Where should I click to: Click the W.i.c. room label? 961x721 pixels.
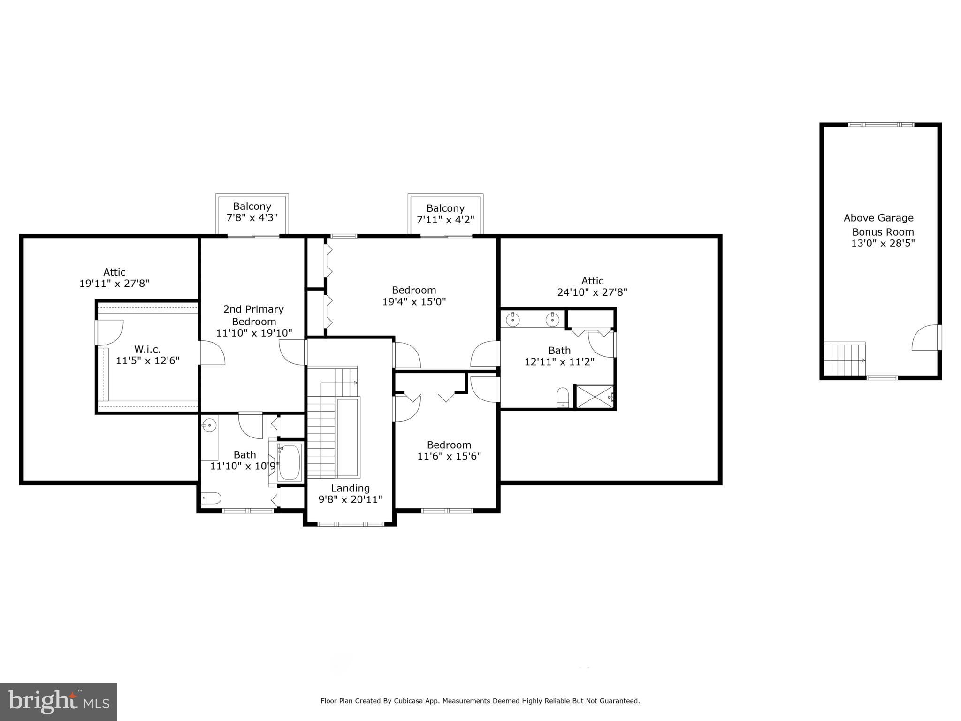(147, 349)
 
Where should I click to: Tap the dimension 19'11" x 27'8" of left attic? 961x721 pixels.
(114, 284)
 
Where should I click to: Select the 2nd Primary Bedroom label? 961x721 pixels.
(253, 315)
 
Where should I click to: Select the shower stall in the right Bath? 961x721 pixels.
(595, 397)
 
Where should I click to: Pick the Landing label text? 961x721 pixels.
(350, 488)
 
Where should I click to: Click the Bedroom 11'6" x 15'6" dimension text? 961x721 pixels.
(449, 456)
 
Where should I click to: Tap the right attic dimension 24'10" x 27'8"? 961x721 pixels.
(592, 292)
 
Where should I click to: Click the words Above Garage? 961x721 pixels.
(878, 218)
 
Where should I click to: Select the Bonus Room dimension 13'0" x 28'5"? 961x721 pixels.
(883, 244)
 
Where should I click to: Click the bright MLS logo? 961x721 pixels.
(59, 701)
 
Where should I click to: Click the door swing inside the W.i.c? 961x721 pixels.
(110, 332)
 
